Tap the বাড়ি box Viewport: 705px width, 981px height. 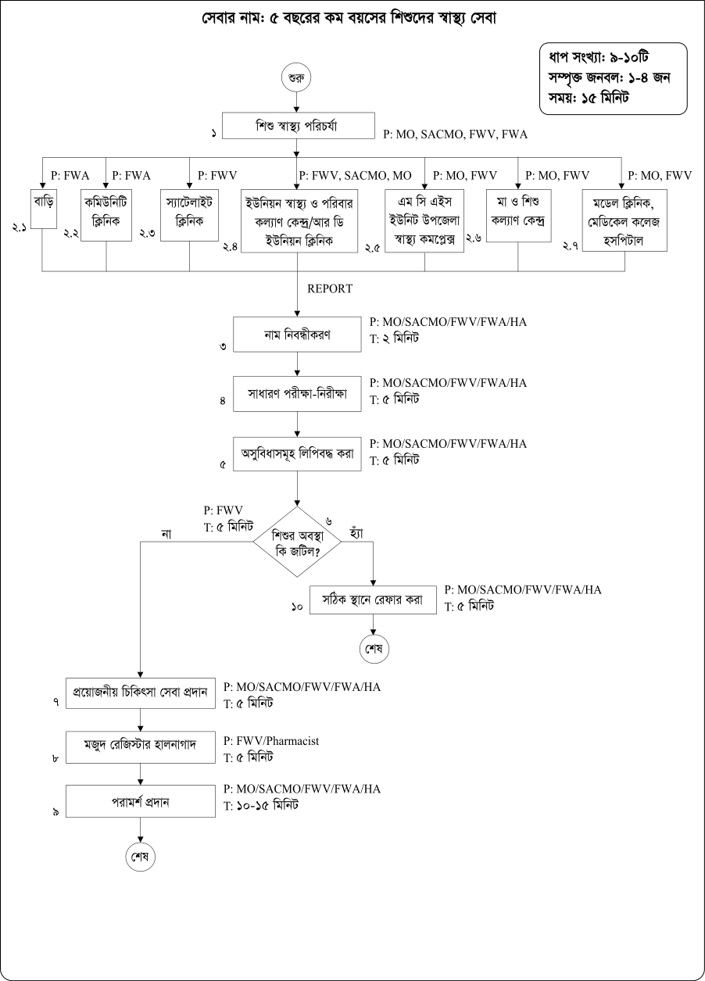(44, 207)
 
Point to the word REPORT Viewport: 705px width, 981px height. (330, 288)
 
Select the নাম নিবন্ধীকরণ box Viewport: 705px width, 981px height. (298, 336)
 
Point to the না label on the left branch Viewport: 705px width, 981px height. (166, 535)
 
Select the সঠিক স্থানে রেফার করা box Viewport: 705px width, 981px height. (374, 600)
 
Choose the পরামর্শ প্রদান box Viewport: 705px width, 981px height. (140, 802)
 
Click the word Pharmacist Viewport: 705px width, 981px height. (293, 739)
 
